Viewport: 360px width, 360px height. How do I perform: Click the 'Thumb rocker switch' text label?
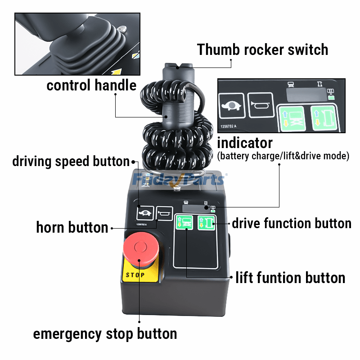coord(263,49)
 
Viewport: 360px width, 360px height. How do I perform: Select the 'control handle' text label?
coord(91,85)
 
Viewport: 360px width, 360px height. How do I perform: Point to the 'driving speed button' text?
coord(71,161)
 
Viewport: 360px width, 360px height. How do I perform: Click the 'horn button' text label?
coord(72,228)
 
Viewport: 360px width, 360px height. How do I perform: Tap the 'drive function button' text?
coord(291,223)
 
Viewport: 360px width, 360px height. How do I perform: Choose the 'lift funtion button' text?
coord(290,278)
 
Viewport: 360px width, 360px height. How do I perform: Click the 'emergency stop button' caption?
coord(105,334)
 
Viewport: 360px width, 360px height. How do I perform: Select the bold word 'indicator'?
coord(245,143)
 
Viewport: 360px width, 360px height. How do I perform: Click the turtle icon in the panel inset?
coord(232,107)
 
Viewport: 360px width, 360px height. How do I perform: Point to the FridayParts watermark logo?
coord(180,180)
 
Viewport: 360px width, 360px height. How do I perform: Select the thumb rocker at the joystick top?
coord(178,67)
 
